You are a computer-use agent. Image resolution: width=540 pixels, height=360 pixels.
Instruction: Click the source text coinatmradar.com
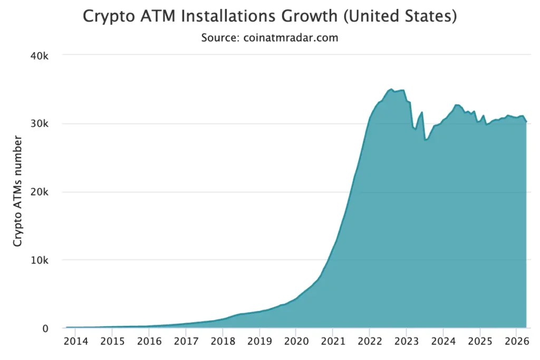269,38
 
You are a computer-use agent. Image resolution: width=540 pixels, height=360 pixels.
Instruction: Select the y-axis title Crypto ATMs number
18,191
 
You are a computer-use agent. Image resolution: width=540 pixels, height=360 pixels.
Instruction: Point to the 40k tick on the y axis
38,55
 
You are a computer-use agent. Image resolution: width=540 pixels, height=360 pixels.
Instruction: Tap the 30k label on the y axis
38,124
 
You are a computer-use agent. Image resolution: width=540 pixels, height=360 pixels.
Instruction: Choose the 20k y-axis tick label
38,192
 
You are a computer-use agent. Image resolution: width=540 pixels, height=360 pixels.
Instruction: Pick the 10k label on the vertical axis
38,260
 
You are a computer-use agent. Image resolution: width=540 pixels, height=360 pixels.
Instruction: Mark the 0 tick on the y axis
45,328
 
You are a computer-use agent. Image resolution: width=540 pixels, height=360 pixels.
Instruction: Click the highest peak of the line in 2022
391,89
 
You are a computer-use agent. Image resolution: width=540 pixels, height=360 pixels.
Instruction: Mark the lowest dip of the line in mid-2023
425,140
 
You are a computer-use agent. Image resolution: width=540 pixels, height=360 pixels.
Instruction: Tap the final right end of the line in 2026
526,122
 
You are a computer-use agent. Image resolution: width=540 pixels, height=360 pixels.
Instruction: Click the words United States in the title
400,16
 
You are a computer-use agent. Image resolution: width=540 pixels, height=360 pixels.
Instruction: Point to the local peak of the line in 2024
456,105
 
